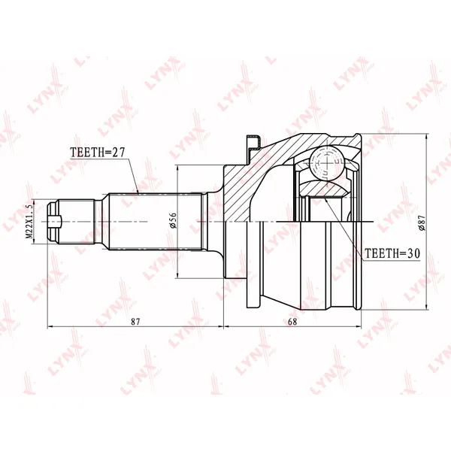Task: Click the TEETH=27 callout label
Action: (x=98, y=152)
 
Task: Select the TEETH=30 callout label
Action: (x=392, y=253)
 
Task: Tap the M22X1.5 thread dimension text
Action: (x=29, y=222)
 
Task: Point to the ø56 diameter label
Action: (x=172, y=220)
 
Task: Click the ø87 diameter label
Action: (x=422, y=222)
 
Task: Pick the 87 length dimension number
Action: (x=135, y=321)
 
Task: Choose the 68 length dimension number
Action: (x=292, y=321)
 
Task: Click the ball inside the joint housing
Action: (x=327, y=163)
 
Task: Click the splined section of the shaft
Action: (x=156, y=222)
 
